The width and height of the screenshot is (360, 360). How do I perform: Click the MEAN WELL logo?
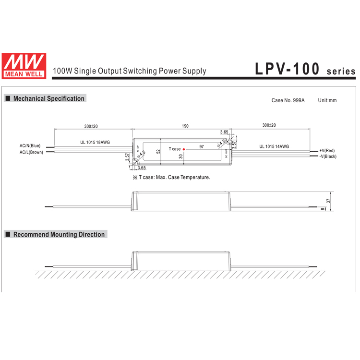(24, 65)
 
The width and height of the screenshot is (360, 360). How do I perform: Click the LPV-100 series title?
(305, 70)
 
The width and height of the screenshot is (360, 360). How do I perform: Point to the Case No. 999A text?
(288, 100)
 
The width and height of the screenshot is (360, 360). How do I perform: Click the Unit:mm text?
(327, 100)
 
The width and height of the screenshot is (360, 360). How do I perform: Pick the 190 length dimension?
(185, 126)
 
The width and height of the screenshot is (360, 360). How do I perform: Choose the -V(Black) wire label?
(328, 156)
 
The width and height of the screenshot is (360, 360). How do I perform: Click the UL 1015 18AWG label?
(95, 143)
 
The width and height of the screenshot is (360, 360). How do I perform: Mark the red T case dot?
(184, 149)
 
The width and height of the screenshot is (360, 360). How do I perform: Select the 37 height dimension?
(328, 201)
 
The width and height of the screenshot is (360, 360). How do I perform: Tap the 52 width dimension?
(158, 150)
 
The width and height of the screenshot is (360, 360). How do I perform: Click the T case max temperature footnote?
(171, 177)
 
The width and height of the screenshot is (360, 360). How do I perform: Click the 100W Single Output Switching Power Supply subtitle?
(129, 71)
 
